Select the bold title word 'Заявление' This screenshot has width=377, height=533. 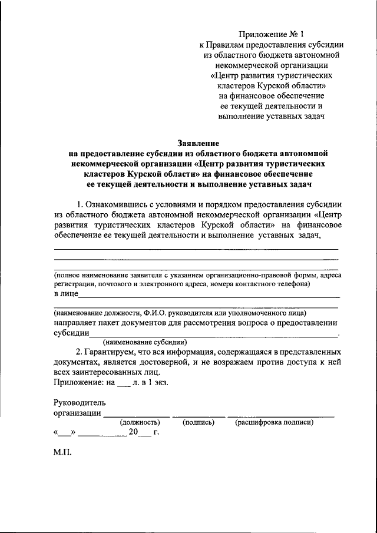[198, 143]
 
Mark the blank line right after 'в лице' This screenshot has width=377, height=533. [209, 296]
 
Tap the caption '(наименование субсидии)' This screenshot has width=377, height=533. [145, 342]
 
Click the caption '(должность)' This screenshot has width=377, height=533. [140, 422]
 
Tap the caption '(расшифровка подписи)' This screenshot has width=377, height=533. [274, 422]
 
